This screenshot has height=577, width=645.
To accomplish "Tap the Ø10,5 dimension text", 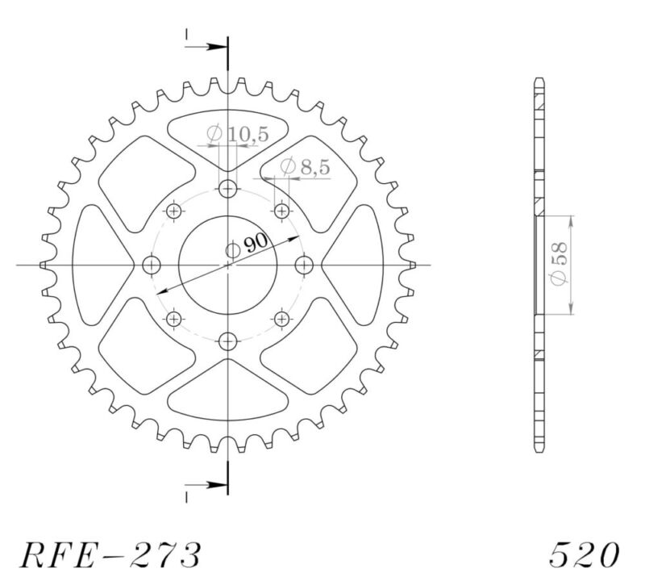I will [227, 135].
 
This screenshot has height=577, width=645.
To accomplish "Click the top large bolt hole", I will [228, 190].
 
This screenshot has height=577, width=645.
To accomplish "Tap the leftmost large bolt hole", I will [152, 265].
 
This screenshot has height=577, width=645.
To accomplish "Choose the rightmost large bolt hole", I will [304, 265].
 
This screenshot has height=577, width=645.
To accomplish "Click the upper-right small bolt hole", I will [281, 211].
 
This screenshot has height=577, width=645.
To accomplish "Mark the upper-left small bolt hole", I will [174, 211].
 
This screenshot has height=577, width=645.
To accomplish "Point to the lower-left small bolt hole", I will [174, 319].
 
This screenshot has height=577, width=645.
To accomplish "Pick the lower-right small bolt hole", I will [281, 319].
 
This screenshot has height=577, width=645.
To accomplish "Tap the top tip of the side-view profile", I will [537, 80].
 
